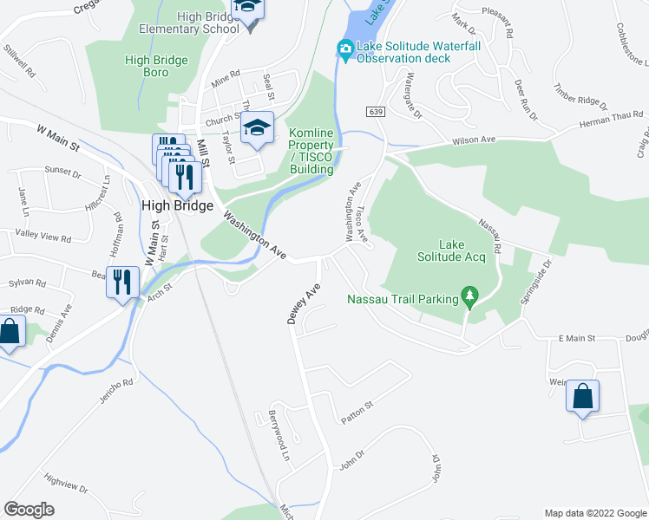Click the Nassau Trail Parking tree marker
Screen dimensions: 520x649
click(470, 299)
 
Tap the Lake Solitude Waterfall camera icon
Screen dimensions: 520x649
click(345, 51)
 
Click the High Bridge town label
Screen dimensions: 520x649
click(176, 205)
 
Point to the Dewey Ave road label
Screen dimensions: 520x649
click(305, 304)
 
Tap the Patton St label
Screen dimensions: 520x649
click(357, 412)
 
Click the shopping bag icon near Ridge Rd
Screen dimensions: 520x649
click(10, 333)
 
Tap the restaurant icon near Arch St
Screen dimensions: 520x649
click(121, 282)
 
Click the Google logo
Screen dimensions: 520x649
click(29, 510)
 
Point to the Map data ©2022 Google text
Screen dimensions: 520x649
click(595, 513)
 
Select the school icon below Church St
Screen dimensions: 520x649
click(257, 128)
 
